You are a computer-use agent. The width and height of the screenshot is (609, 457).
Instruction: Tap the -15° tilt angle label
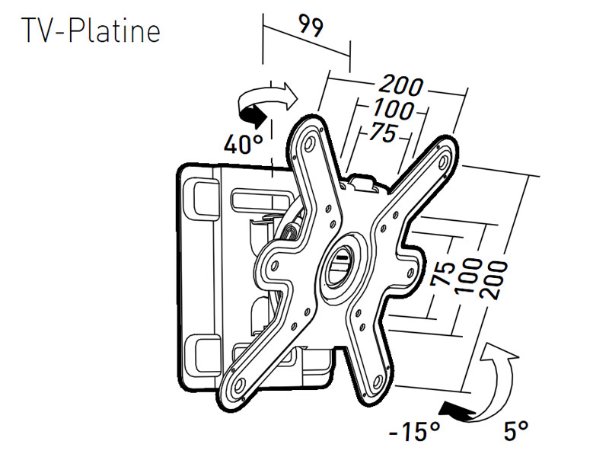pos(415,432)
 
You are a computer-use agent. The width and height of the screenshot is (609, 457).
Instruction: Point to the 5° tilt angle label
pos(516,432)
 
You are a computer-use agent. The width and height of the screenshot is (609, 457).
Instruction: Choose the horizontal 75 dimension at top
pos(381,133)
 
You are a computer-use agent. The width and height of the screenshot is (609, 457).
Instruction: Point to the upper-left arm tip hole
pos(309,142)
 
